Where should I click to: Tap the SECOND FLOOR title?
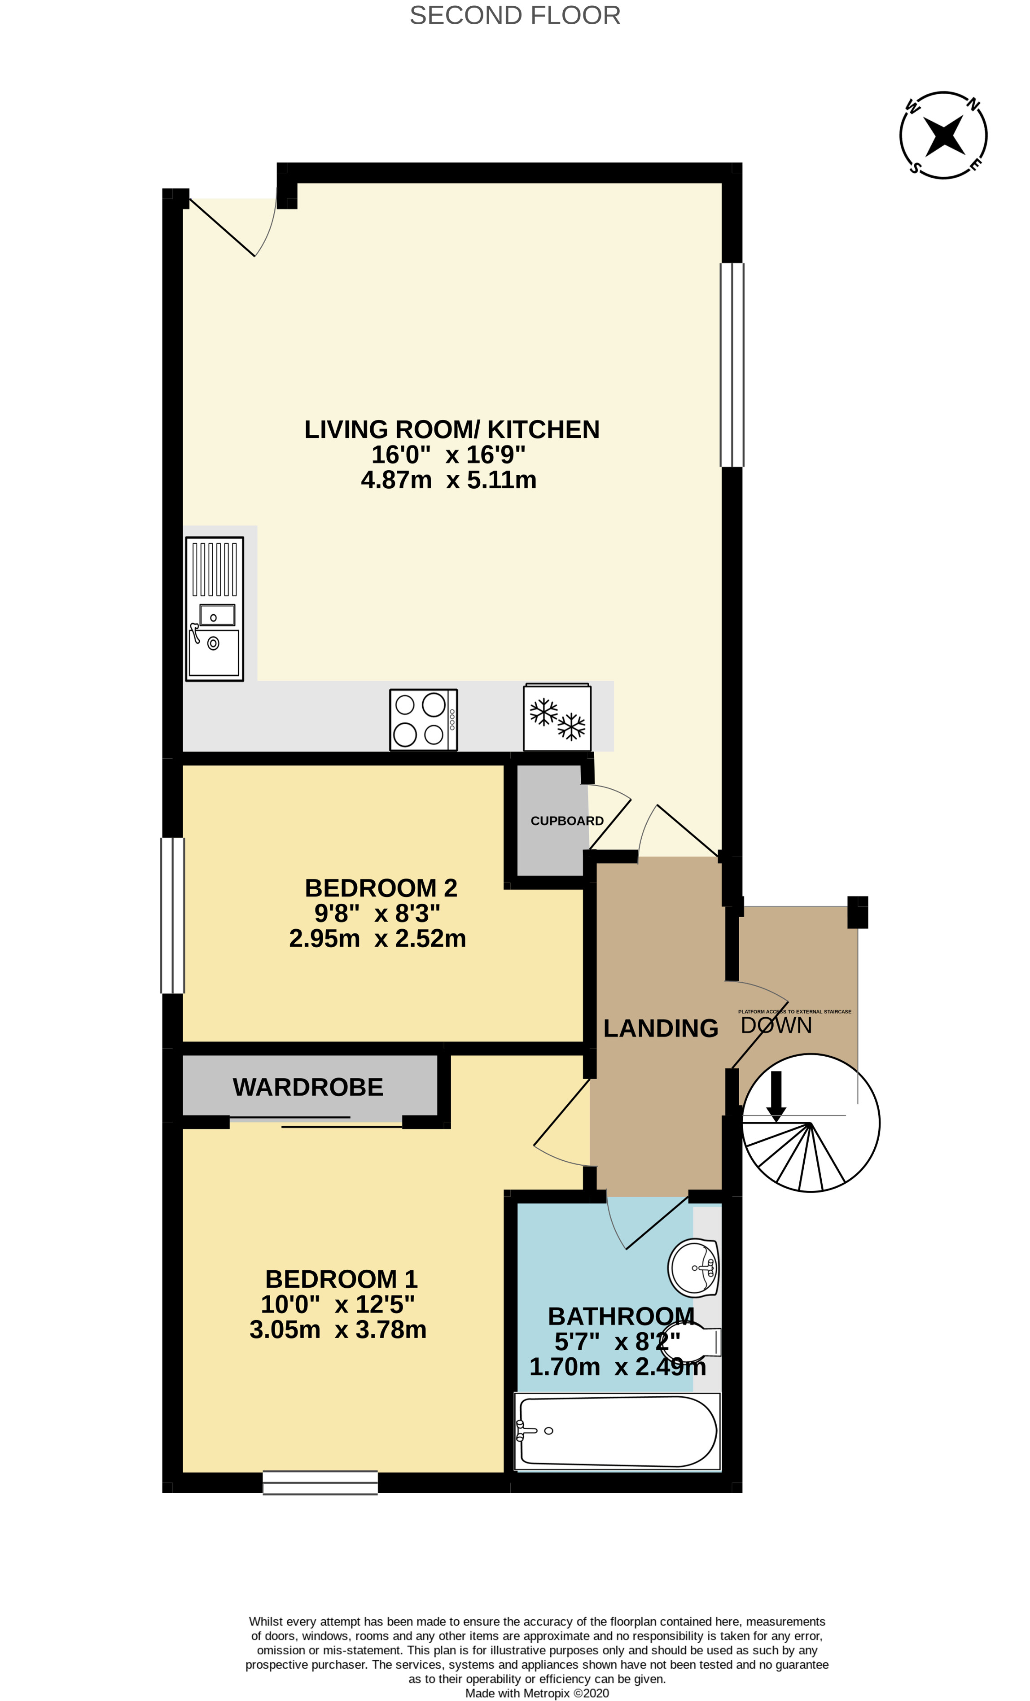coord(515,15)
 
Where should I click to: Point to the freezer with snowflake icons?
coord(557,718)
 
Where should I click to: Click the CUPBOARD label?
coord(567,821)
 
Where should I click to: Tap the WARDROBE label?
coord(308,1087)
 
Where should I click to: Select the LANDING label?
coord(661,1028)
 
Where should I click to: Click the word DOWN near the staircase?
coord(776,1025)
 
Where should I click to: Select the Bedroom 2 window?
coord(173,915)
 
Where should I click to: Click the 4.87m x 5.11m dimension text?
coord(449,480)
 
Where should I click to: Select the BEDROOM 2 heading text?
coord(381,888)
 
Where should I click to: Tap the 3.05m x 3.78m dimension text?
coord(337,1329)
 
